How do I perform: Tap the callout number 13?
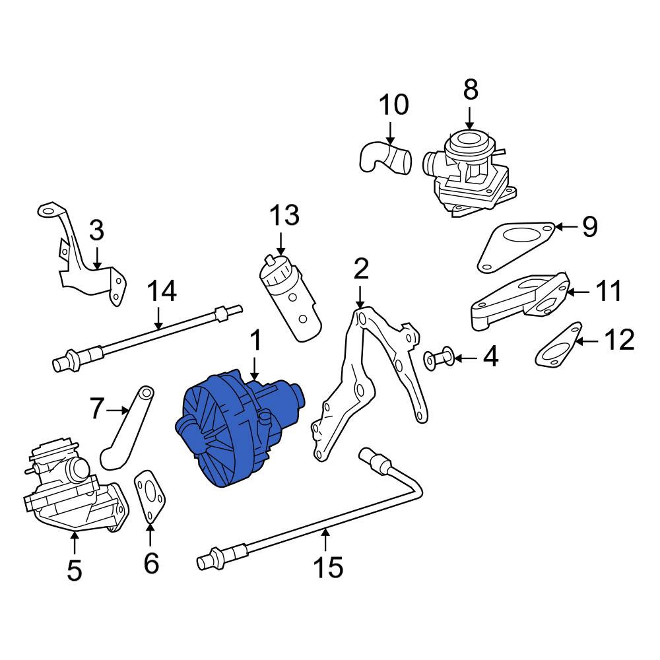(x=284, y=216)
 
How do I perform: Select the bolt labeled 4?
(x=436, y=358)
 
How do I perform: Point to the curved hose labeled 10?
(x=386, y=158)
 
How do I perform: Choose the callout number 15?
(x=328, y=566)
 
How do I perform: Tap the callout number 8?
(x=470, y=90)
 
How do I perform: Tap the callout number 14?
(x=162, y=291)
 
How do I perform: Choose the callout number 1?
(x=255, y=341)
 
